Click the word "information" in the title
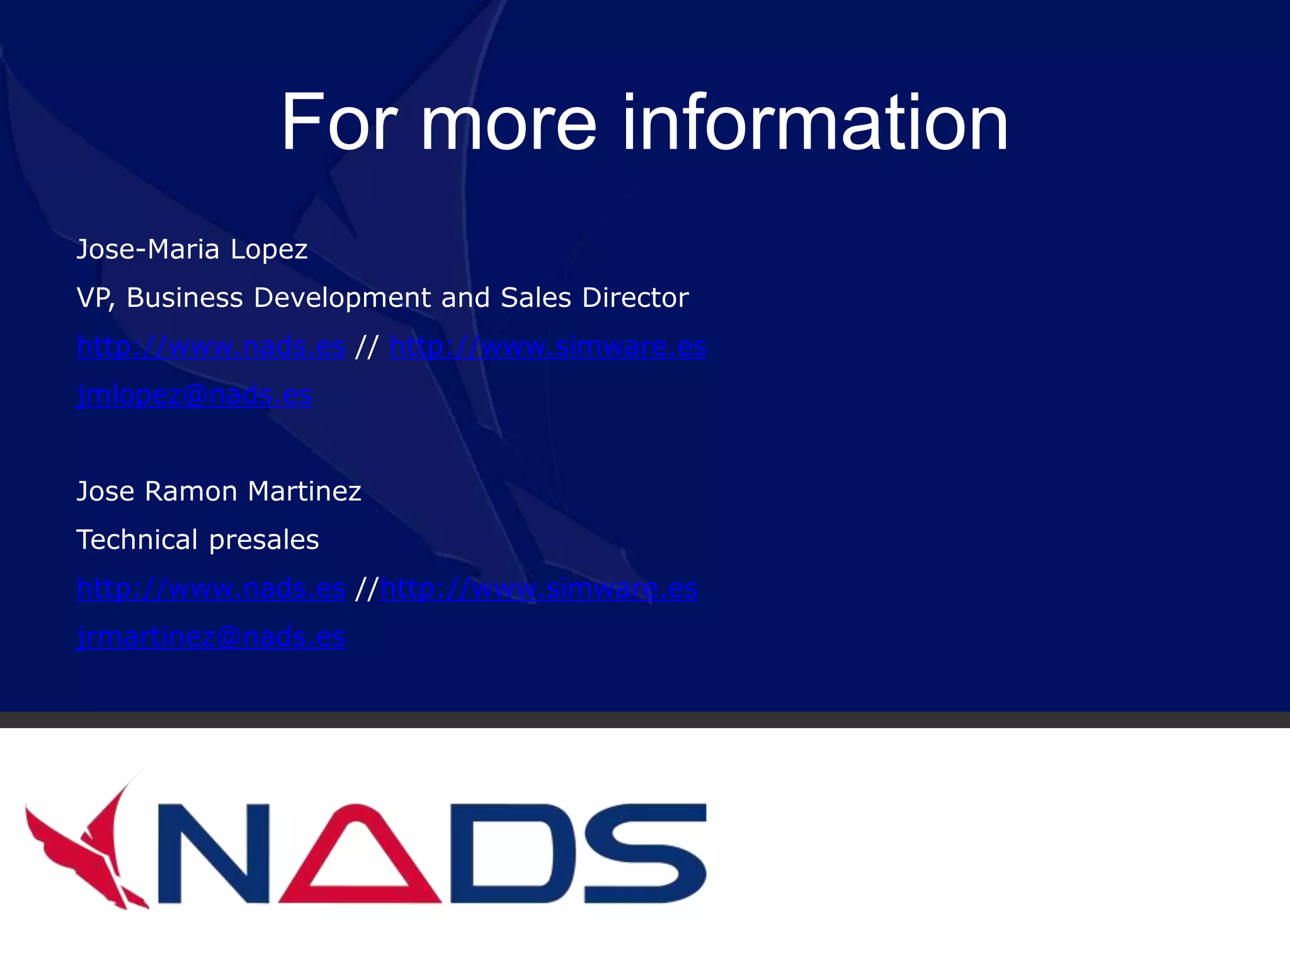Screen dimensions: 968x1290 (815, 122)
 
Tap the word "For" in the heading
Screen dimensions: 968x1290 (339, 122)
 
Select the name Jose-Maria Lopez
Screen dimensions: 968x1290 (191, 250)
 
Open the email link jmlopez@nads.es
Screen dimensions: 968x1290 (194, 395)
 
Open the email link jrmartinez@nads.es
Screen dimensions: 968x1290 (210, 637)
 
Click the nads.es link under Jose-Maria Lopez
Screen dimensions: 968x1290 (210, 347)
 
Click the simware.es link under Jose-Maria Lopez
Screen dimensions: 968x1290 (547, 347)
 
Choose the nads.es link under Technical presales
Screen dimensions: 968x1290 (210, 589)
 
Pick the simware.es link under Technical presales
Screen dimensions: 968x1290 (539, 589)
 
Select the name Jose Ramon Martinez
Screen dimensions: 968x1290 (219, 492)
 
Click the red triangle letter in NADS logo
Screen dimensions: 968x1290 (360, 854)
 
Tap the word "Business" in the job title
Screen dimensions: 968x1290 (185, 297)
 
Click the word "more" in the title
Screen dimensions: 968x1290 (508, 122)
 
